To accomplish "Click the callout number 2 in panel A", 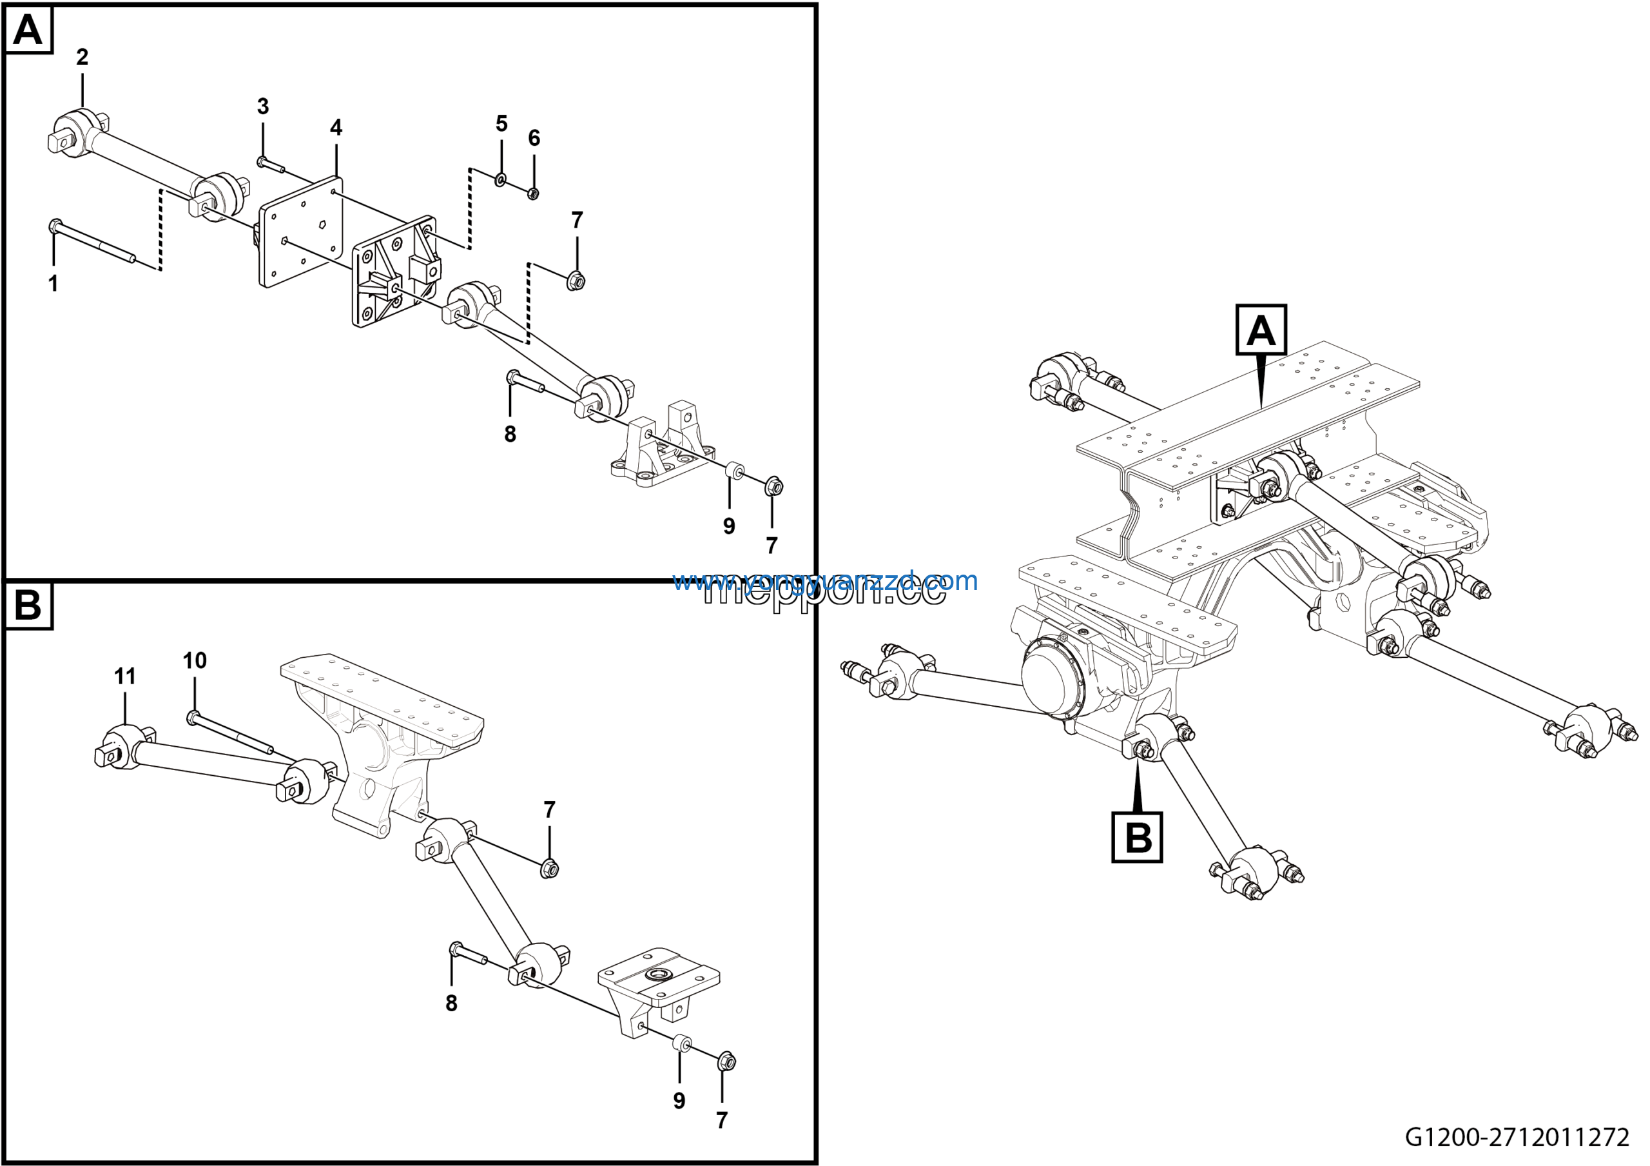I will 82,57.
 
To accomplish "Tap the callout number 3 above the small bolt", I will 263,107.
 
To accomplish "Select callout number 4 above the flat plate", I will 336,128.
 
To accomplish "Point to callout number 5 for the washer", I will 501,124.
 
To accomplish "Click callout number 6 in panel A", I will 534,138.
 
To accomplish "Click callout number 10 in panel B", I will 195,660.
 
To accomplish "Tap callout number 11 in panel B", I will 125,677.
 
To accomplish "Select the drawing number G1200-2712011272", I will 1517,1137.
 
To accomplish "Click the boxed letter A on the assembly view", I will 1261,331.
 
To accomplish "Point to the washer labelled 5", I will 501,178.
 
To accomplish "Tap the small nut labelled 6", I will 533,193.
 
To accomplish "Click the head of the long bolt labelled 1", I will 55,226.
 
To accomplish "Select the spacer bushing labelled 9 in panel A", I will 733,471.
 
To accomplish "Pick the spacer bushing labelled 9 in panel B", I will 682,1043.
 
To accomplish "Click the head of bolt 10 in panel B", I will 193,716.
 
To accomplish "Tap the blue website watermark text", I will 824,581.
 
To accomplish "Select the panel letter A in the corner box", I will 28,30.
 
